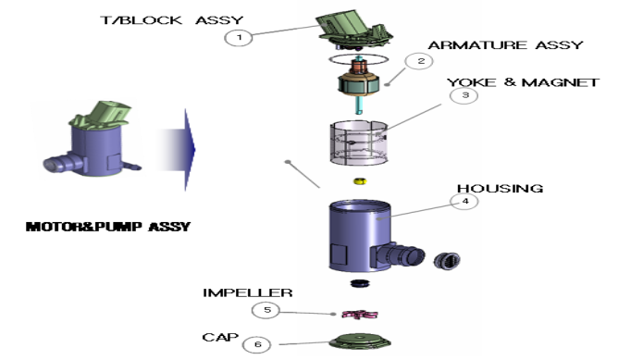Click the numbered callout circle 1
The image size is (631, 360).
pyautogui.click(x=239, y=38)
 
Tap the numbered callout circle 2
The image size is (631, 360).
pyautogui.click(x=419, y=61)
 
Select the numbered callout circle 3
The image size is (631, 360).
pyautogui.click(x=464, y=95)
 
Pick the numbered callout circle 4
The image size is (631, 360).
pyautogui.click(x=464, y=202)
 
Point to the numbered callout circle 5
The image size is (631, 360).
pyautogui.click(x=266, y=310)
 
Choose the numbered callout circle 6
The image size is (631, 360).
pyautogui.click(x=257, y=344)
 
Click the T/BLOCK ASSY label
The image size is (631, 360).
pyautogui.click(x=172, y=20)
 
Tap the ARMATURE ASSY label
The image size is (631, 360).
pyautogui.click(x=505, y=44)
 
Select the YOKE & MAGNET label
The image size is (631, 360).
pyautogui.click(x=524, y=82)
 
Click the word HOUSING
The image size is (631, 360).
pyautogui.click(x=501, y=188)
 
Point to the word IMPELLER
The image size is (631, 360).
pyautogui.click(x=247, y=292)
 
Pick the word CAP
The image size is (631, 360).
pyautogui.click(x=220, y=337)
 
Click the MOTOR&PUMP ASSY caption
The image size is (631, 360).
pyautogui.click(x=108, y=227)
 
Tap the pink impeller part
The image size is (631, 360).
pyautogui.click(x=359, y=314)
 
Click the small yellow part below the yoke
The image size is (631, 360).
pyautogui.click(x=360, y=181)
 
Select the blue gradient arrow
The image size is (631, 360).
pyautogui.click(x=177, y=149)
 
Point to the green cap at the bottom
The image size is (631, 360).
pyautogui.click(x=360, y=341)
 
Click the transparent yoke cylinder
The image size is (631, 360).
pyautogui.click(x=359, y=143)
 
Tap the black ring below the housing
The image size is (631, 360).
pyautogui.click(x=360, y=283)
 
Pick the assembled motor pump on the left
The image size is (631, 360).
pyautogui.click(x=93, y=140)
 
